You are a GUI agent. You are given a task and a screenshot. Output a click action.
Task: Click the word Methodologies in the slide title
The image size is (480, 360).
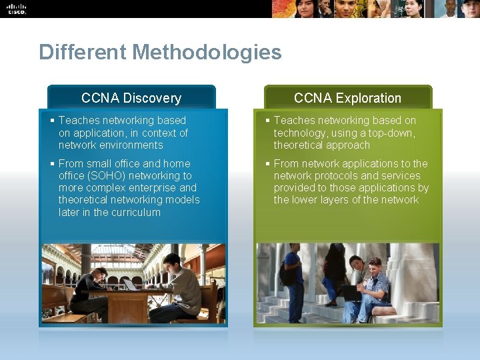[x=211, y=52]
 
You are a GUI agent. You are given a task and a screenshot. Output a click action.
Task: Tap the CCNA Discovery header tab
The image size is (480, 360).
[x=131, y=98]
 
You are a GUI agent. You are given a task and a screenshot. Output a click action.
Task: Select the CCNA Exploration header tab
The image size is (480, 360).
[x=347, y=98]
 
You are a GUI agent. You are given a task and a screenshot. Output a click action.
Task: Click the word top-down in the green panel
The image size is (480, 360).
[x=395, y=133]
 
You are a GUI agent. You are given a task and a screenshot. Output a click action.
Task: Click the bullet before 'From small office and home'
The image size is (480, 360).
[x=53, y=163]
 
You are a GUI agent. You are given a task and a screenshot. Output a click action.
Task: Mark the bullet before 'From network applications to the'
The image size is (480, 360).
[x=267, y=163]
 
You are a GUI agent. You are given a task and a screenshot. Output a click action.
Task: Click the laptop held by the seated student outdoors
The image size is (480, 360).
[x=351, y=292]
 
